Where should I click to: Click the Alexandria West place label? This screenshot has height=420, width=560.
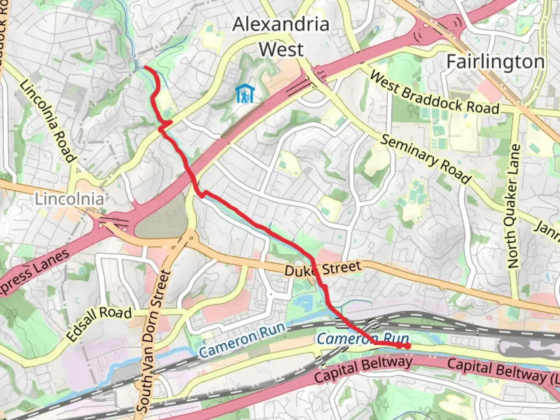click(x=281, y=37)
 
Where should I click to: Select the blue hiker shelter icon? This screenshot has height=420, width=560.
click(x=245, y=94)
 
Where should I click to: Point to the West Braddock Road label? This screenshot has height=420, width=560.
click(x=434, y=93)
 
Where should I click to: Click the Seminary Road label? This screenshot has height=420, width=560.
click(x=425, y=159)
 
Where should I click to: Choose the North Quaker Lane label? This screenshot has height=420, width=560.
click(x=514, y=206)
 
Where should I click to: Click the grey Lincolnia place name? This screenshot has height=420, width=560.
click(x=69, y=199)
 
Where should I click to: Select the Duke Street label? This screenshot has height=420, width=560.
click(x=322, y=269)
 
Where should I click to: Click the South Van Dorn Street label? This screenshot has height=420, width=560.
click(x=154, y=341)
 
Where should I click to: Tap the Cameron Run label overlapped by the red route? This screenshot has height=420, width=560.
click(x=362, y=339)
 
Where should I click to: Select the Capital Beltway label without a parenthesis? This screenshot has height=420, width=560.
click(x=363, y=370)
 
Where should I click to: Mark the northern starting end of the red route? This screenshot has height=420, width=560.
click(x=145, y=67)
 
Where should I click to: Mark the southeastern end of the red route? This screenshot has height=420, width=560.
click(x=407, y=346)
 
